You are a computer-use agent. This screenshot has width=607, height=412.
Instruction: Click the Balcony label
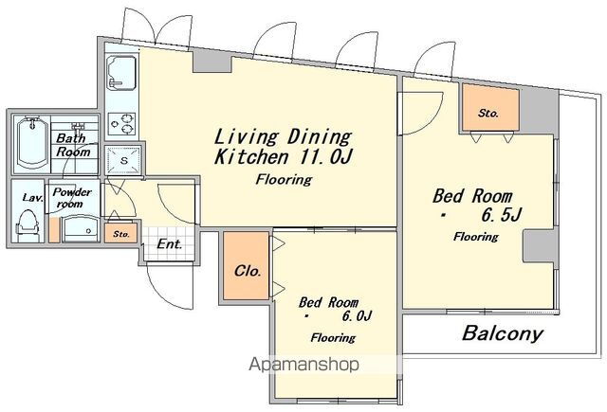pos(503,333)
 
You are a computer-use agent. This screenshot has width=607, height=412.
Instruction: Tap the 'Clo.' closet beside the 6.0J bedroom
pos(246,265)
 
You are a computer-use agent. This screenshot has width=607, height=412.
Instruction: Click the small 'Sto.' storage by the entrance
pos(120,233)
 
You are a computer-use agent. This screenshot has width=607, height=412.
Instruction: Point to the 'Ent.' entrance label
pos(170,244)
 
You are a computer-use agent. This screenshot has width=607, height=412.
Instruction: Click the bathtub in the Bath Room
pos(32,143)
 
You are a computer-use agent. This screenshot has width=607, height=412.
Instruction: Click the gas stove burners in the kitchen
pos(121,124)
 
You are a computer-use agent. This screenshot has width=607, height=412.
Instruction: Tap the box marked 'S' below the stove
pos(123,160)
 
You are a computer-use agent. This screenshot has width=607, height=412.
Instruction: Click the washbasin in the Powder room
pos(81,229)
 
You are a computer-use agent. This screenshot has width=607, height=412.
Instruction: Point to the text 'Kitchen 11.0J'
pos(284,157)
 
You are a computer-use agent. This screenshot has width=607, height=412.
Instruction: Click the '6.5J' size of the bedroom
pos(502,215)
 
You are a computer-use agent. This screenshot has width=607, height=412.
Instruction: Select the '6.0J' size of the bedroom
pos(357,316)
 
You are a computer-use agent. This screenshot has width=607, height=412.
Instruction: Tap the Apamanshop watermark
pos(303,364)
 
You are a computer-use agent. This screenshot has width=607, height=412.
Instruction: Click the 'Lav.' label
pos(32,198)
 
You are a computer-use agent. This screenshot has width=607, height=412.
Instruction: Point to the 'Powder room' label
pos(72,198)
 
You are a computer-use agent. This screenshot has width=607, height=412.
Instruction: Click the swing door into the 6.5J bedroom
pos(420,114)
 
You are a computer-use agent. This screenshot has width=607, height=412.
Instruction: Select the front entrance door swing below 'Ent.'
pos(171,286)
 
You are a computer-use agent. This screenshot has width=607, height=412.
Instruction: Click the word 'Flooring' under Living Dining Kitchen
pos(284,180)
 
